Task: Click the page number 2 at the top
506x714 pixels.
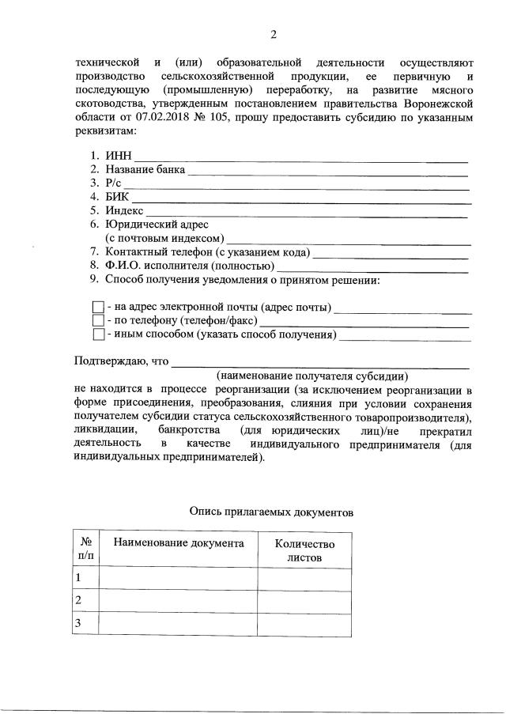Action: [274, 34]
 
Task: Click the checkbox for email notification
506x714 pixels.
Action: [98, 307]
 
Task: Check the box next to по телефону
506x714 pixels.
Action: [98, 320]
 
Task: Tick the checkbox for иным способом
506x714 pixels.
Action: [98, 334]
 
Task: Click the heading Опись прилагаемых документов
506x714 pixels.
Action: [271, 512]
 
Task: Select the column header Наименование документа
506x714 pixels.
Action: [179, 543]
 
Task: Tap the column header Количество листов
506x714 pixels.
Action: [304, 550]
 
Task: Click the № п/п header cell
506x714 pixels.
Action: [86, 550]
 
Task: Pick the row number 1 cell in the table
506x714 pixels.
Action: [86, 580]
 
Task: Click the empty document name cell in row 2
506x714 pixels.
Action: [179, 602]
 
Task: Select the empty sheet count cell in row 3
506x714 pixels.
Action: [304, 624]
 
